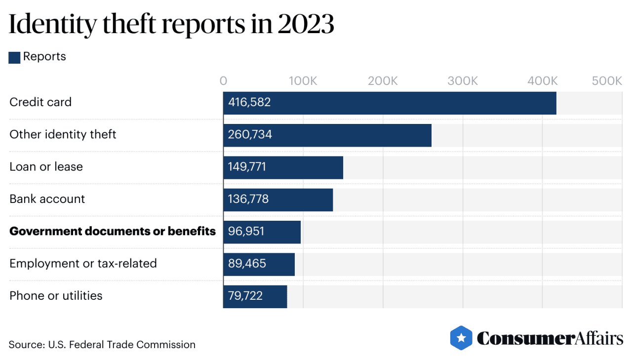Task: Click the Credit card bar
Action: point(389,103)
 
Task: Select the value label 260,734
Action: point(250,135)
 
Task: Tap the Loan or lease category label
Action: point(46,167)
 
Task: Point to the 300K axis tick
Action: point(463,81)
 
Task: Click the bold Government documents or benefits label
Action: point(113,231)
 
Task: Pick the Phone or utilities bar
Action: point(255,296)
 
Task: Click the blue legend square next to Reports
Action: point(14,57)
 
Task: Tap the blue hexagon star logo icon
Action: point(461,338)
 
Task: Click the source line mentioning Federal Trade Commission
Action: point(102,345)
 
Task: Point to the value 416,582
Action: point(249,103)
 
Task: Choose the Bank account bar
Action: point(278,200)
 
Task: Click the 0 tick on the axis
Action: point(224,81)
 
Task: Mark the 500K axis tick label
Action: point(607,81)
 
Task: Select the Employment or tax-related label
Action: point(83,264)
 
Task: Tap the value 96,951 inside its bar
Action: point(246,232)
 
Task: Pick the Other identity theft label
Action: point(63,135)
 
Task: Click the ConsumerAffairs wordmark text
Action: point(550,339)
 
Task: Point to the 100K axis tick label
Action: point(303,81)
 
